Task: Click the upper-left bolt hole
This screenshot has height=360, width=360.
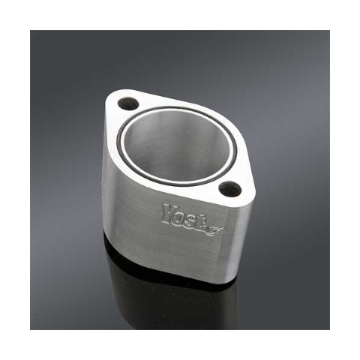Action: pos(128,103)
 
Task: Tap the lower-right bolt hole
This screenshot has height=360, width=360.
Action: pos(230,189)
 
